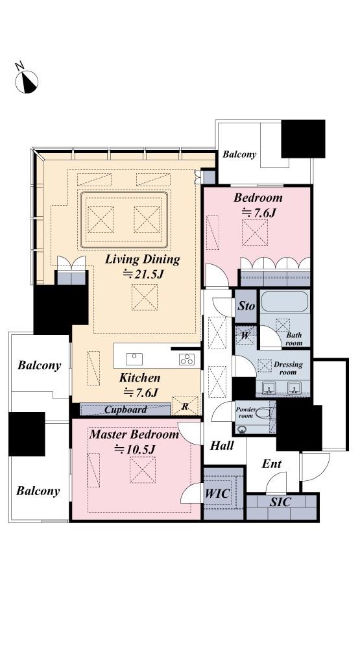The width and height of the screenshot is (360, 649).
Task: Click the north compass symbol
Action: (26, 80)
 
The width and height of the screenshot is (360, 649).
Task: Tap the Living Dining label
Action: (142, 260)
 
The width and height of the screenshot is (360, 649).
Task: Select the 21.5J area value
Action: (143, 274)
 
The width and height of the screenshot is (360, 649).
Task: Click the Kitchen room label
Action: (139, 378)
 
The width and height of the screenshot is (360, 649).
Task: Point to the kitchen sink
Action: (134, 359)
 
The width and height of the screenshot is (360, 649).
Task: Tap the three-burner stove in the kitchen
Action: (187, 360)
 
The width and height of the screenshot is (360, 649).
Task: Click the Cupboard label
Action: (125, 410)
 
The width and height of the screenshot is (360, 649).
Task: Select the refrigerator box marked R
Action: (185, 406)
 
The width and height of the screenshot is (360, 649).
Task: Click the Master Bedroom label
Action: (134, 435)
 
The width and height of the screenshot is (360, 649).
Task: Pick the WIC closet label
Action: (218, 493)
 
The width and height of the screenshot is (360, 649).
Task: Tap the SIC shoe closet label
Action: (280, 502)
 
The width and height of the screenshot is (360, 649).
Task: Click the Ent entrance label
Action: (271, 464)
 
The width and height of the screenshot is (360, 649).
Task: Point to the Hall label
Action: (222, 446)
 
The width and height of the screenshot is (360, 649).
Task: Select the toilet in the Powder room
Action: (263, 413)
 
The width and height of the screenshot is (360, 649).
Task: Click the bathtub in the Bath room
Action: (285, 301)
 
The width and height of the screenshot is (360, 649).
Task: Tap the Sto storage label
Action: (246, 307)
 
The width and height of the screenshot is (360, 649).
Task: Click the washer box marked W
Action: (245, 336)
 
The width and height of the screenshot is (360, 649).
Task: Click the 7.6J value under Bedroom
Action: (259, 213)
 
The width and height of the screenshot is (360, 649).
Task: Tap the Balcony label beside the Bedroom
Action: (239, 154)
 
